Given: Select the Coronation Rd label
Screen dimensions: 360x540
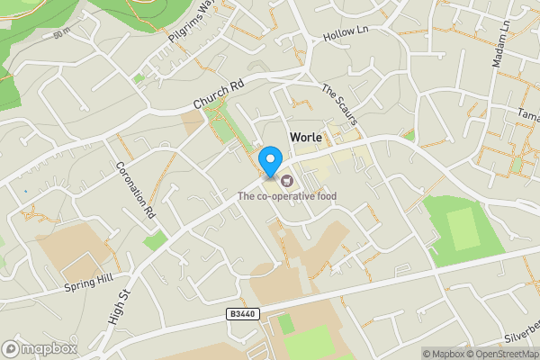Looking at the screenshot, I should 136,192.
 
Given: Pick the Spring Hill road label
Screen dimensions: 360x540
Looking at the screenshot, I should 88,283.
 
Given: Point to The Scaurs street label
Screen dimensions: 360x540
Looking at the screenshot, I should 341,104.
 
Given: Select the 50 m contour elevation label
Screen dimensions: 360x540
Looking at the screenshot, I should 61,33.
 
